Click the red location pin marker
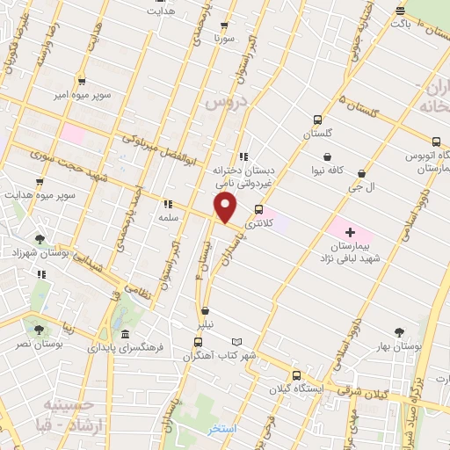[x=226, y=208]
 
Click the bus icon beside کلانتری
[x=258, y=209]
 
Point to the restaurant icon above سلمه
[x=166, y=204]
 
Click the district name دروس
[x=222, y=103]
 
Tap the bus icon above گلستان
[x=316, y=120]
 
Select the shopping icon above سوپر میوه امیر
[x=81, y=80]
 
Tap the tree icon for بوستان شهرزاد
[x=38, y=237]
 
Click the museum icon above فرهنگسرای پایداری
[x=127, y=334]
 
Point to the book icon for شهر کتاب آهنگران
[x=236, y=341]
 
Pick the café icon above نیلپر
[x=205, y=310]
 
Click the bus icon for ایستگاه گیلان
[x=295, y=373]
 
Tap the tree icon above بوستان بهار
[x=399, y=332]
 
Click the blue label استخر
[x=223, y=430]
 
